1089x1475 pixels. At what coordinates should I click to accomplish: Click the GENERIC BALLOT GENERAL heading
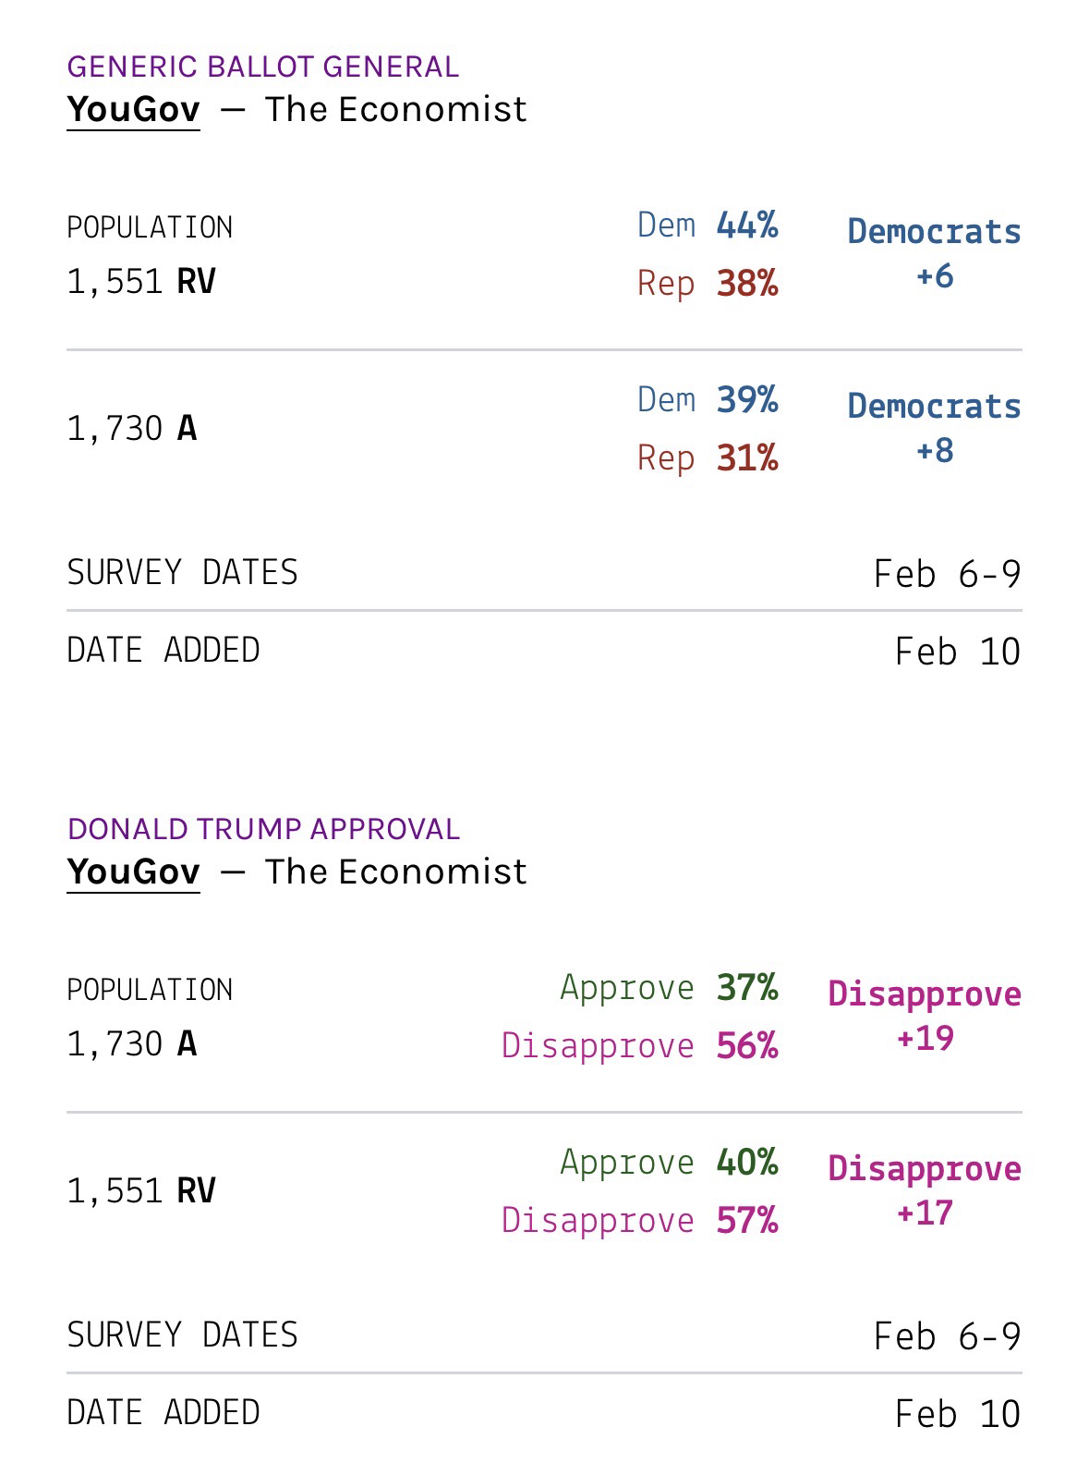[x=262, y=67]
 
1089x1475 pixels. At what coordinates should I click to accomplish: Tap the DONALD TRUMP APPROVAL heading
[x=263, y=829]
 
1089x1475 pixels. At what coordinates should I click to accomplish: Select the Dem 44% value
[x=746, y=226]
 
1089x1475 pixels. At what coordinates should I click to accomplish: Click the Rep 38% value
[x=746, y=283]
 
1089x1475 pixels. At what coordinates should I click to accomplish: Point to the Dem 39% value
[x=746, y=400]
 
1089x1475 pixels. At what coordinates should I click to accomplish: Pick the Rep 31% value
[x=746, y=457]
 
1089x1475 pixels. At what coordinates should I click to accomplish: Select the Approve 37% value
[x=746, y=988]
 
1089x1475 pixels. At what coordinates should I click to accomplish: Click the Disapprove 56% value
[x=746, y=1045]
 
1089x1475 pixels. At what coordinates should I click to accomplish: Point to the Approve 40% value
[x=746, y=1163]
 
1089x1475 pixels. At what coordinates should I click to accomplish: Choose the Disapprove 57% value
[x=746, y=1220]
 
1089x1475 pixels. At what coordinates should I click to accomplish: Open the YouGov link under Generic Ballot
[x=133, y=109]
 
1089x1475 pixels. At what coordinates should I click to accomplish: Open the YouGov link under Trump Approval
[x=133, y=872]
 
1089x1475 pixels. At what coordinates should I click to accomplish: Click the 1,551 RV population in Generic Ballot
[x=140, y=281]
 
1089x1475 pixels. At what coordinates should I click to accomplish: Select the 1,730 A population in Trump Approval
[x=131, y=1043]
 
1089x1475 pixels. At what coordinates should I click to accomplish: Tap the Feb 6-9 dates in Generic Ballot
[x=947, y=574]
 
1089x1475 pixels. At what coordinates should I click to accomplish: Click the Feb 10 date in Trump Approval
[x=957, y=1414]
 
